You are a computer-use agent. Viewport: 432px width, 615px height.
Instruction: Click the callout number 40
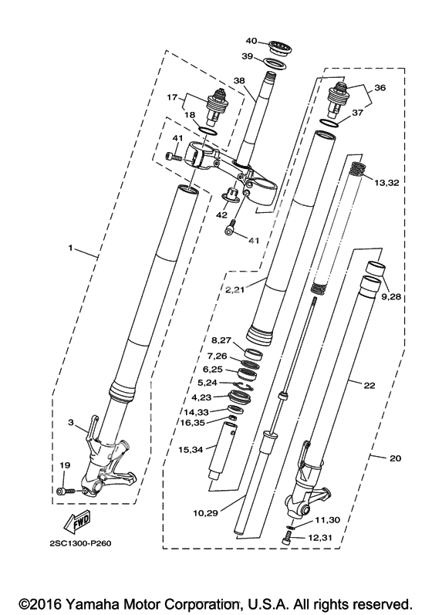[251, 41]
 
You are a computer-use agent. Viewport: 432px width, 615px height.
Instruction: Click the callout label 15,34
[191, 450]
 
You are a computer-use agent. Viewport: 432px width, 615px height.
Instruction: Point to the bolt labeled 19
[66, 491]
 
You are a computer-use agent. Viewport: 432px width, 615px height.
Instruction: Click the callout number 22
[370, 386]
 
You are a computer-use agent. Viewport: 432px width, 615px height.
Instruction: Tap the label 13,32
[386, 183]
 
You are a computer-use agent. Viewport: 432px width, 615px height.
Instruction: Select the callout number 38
[238, 81]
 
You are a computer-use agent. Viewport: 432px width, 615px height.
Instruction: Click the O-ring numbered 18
[207, 130]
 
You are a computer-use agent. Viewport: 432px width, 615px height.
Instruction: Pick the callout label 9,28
[390, 296]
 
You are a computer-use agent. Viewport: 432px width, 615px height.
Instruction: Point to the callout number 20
[396, 458]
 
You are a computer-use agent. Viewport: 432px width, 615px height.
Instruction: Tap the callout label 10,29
[205, 513]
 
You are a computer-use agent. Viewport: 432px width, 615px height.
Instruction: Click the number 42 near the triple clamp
[221, 215]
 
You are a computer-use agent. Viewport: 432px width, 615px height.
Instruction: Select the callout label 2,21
[235, 289]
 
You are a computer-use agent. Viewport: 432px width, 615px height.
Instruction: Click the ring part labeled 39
[274, 63]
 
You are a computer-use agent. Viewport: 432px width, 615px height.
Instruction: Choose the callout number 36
[380, 87]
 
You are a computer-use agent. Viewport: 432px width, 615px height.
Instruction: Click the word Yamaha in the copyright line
[92, 603]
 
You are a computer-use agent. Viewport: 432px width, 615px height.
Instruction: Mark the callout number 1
[70, 248]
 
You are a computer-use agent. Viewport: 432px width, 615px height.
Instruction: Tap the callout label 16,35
[197, 422]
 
